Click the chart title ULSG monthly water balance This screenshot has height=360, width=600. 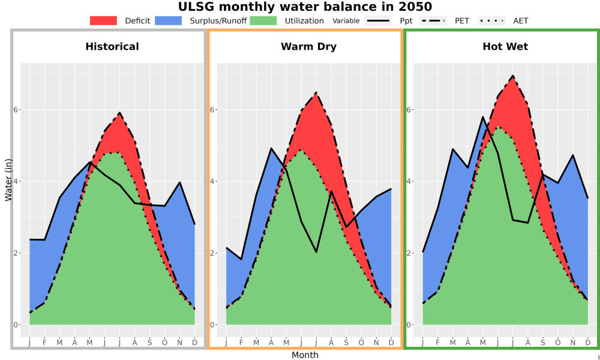[305, 7]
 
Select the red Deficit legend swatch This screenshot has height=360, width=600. [103, 20]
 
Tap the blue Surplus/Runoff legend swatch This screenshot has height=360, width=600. [169, 20]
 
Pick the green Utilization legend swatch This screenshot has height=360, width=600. [263, 20]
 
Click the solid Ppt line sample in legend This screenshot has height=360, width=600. [378, 20]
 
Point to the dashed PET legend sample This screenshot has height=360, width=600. [433, 20]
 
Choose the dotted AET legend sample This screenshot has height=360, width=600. [491, 20]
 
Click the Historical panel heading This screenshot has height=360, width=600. [112, 47]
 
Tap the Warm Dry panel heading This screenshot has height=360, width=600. [308, 47]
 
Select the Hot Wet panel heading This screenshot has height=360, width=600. [505, 47]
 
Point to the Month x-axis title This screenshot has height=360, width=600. [305, 355]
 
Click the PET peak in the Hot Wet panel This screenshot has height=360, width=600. [512, 76]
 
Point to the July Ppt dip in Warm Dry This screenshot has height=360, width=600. [316, 252]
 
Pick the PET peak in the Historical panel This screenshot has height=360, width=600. [119, 112]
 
